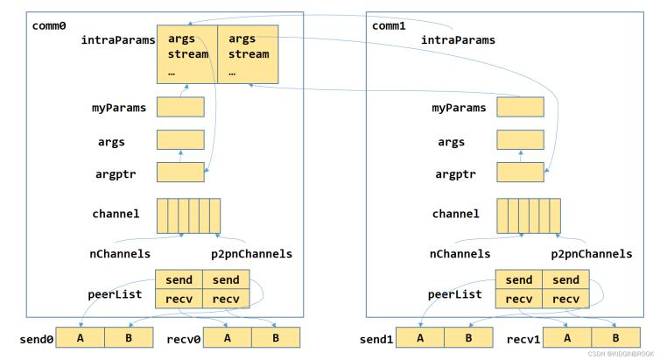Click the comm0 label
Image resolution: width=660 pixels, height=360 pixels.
[49, 26]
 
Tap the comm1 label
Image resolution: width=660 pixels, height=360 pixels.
[389, 26]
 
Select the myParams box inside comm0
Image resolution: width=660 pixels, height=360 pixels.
[180, 107]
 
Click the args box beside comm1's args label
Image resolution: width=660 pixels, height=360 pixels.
[520, 140]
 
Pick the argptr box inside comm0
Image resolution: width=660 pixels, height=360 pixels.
[180, 173]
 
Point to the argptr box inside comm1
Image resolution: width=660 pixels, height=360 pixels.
[520, 173]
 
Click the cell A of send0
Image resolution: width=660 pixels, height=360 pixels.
[80, 338]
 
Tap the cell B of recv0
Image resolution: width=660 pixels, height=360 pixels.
[276, 338]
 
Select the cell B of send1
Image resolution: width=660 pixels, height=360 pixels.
[468, 338]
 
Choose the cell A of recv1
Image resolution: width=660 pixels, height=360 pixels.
[567, 338]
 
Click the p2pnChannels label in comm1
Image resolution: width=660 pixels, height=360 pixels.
[592, 254]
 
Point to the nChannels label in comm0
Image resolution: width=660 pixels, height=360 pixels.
[120, 254]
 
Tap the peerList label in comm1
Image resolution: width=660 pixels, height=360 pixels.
[454, 294]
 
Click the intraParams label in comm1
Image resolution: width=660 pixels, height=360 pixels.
[458, 40]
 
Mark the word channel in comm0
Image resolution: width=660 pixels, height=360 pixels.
[116, 214]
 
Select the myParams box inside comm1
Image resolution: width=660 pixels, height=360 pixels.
[520, 107]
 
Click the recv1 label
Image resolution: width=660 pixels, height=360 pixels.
[523, 339]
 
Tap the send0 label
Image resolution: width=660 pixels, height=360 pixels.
[37, 339]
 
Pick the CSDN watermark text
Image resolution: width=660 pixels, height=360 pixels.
[621, 354]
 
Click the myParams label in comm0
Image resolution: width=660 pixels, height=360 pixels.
[119, 109]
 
